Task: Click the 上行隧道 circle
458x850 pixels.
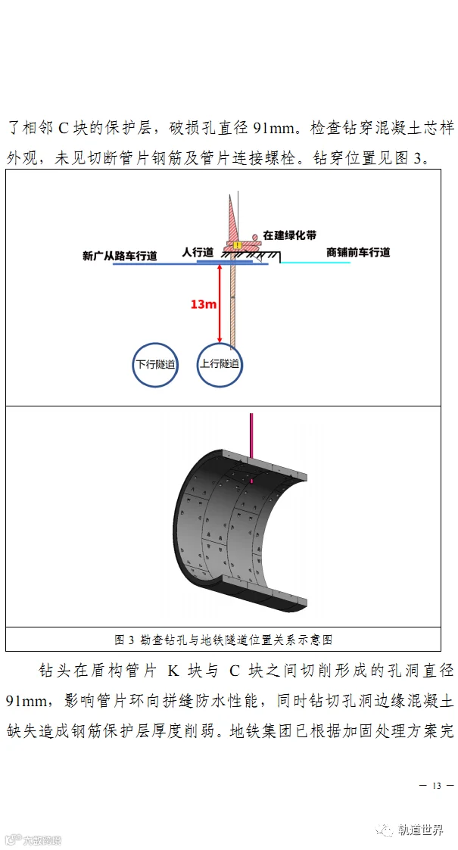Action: (x=220, y=364)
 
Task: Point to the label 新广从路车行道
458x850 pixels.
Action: (x=120, y=255)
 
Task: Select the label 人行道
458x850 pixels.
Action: (x=198, y=251)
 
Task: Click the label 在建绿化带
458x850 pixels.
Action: (x=290, y=235)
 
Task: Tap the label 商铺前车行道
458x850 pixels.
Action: (x=358, y=252)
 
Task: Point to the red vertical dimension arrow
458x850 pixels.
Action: (x=220, y=303)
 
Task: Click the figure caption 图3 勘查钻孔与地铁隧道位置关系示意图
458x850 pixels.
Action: (x=223, y=640)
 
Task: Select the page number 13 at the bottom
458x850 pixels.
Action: (x=436, y=785)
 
